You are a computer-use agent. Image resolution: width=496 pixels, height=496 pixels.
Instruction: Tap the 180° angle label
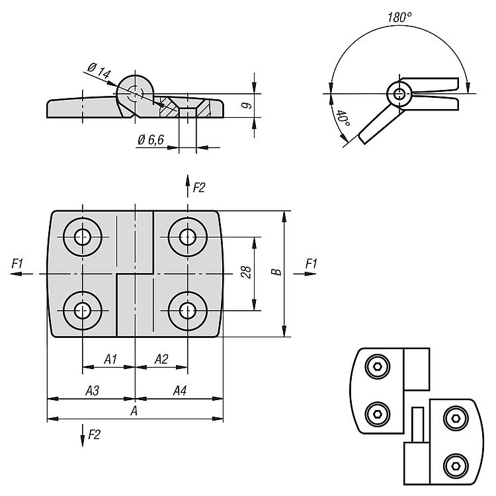[x=399, y=18]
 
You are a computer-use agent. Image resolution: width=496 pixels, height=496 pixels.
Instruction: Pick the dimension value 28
[x=246, y=272]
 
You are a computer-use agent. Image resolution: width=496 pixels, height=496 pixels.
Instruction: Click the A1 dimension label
[x=110, y=359]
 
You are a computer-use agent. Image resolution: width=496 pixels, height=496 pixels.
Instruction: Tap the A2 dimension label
[x=161, y=359]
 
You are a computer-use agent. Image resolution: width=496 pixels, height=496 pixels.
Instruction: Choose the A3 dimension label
[x=92, y=392]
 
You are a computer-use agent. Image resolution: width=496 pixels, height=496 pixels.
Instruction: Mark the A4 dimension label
[x=179, y=392]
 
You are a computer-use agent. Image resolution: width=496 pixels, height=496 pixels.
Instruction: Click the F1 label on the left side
[x=18, y=264]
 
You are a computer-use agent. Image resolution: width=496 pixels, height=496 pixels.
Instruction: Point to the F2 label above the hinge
[x=199, y=188]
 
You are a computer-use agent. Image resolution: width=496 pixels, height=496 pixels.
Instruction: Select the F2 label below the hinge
[x=95, y=434]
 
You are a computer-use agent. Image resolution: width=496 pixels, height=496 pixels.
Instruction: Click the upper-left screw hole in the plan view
[x=83, y=237]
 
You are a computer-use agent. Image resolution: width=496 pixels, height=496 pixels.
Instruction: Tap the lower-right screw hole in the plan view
[x=188, y=310]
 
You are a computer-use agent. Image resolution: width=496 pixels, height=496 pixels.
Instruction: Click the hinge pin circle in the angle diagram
[x=399, y=94]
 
